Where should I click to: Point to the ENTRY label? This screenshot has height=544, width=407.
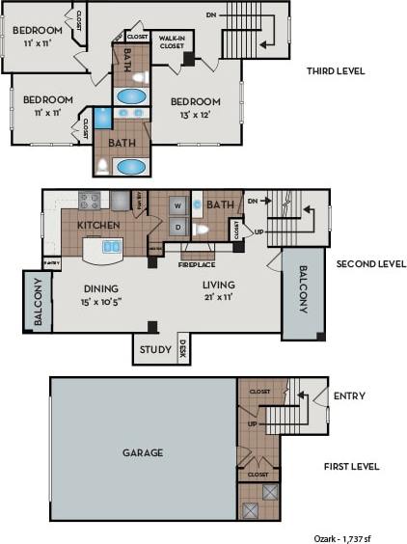pyautogui.click(x=348, y=395)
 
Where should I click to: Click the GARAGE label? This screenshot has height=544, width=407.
pyautogui.click(x=142, y=451)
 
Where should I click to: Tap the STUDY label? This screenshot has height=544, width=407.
pyautogui.click(x=154, y=349)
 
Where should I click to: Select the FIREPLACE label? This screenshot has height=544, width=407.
pyautogui.click(x=199, y=264)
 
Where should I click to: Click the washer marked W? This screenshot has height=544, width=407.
pyautogui.click(x=177, y=205)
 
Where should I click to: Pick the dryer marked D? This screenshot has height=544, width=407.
pyautogui.click(x=177, y=229)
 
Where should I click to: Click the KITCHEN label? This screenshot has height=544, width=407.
pyautogui.click(x=98, y=225)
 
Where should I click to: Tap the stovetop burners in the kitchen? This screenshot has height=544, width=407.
pyautogui.click(x=89, y=201)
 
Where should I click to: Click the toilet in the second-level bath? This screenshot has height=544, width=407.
pyautogui.click(x=203, y=230)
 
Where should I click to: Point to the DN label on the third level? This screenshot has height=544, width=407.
pyautogui.click(x=212, y=14)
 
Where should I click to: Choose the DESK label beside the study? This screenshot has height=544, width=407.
pyautogui.click(x=182, y=349)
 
